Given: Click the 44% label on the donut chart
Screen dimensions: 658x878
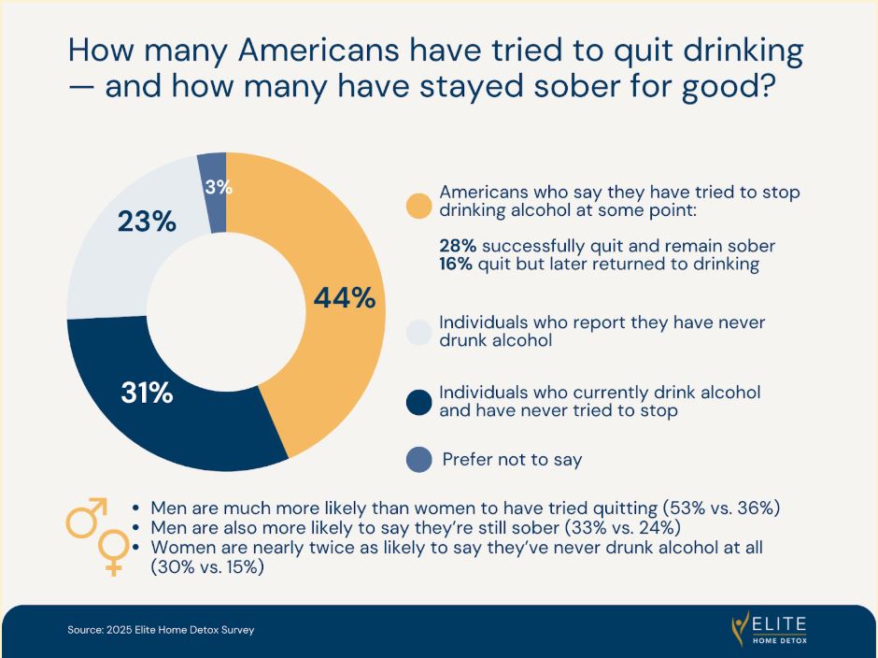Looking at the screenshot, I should [344, 298].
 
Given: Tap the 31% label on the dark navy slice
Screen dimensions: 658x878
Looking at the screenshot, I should [147, 393].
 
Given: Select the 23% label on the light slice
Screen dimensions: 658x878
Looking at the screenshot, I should [147, 222].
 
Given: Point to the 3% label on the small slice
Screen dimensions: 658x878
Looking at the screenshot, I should [218, 187].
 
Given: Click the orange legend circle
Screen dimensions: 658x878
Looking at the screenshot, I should [419, 205].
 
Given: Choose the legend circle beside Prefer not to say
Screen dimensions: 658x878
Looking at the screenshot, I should [419, 460].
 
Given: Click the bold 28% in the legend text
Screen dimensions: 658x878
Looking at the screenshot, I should [458, 246].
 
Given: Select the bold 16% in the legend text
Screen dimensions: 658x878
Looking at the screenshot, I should [458, 264].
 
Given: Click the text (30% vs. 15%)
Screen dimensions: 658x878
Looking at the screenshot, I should [207, 567].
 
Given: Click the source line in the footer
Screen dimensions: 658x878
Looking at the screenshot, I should [161, 630].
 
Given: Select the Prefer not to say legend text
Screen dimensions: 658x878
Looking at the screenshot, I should [512, 460].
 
